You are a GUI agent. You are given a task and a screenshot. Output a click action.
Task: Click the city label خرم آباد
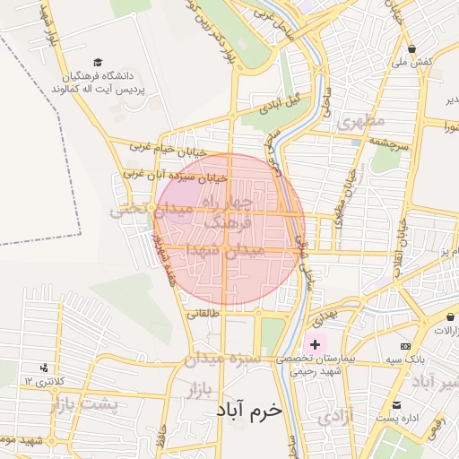tap(248, 409)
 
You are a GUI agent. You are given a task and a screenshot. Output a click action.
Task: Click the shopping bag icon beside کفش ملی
tap(411, 49)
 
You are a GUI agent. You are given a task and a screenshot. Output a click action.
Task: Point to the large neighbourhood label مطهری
tap(361, 121)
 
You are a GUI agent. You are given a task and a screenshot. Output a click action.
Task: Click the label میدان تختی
tap(139, 210)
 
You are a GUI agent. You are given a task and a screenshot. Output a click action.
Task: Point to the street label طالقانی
tap(202, 315)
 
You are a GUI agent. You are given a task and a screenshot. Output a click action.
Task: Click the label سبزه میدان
tap(223, 359)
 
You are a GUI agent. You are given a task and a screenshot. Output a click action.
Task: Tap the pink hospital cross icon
tap(315, 344)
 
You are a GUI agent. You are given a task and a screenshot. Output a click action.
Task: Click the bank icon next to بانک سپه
tap(405, 346)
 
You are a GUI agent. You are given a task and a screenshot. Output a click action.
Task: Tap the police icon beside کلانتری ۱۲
tap(44, 368)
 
